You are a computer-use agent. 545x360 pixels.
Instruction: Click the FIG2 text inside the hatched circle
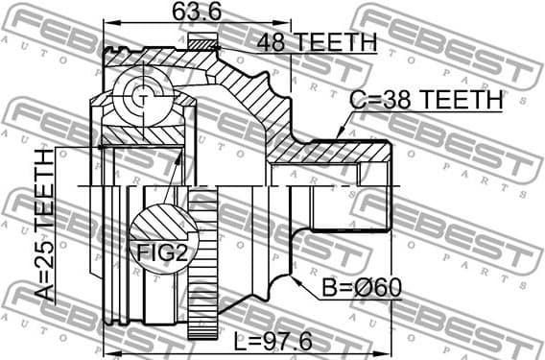(x=156, y=252)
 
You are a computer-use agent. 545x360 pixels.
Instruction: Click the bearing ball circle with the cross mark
(x=141, y=96)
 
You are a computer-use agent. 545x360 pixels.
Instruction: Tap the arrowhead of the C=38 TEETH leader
(x=341, y=133)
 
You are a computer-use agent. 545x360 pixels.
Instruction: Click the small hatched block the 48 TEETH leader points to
(x=203, y=41)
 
